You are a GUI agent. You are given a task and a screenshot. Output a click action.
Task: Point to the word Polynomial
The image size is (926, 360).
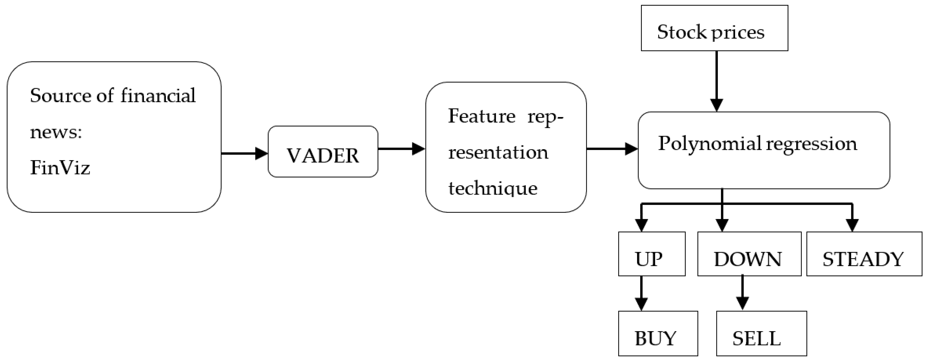(x=709, y=144)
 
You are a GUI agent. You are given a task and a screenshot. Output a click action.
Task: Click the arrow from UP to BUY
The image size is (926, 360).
(x=641, y=293)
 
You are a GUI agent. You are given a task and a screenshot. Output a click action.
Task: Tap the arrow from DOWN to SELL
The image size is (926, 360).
(x=742, y=293)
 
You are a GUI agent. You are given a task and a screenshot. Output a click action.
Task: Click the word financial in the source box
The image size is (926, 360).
(x=158, y=96)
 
